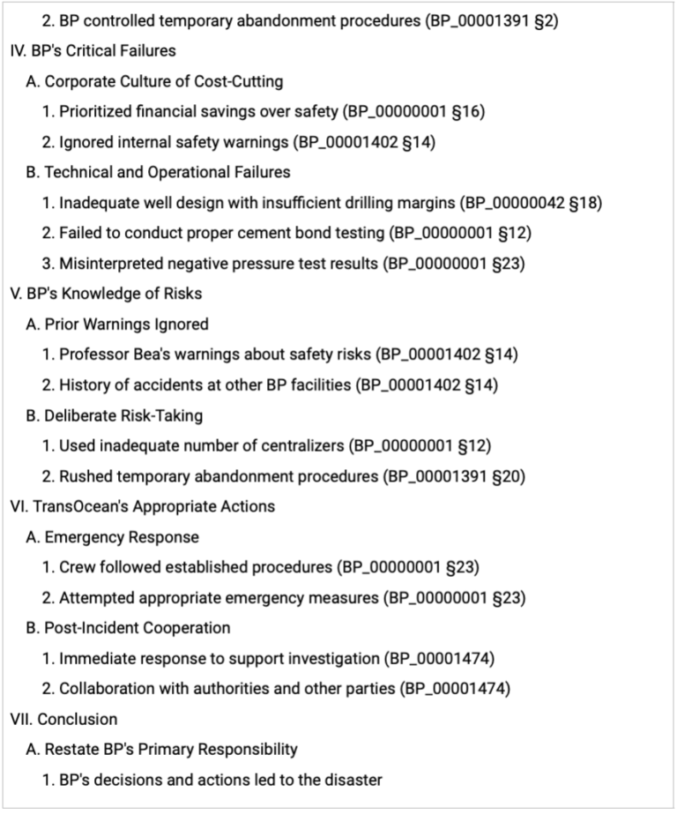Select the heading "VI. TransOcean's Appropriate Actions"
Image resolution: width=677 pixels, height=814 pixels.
click(x=142, y=506)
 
